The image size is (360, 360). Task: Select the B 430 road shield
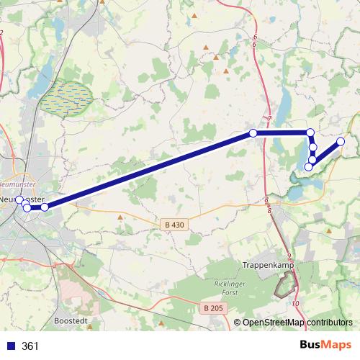tap(174, 225)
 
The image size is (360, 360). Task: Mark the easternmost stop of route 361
tap(341, 141)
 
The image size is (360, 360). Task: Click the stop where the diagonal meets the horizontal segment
tap(253, 132)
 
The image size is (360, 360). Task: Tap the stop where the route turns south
tap(310, 132)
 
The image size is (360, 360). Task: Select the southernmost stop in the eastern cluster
tap(309, 167)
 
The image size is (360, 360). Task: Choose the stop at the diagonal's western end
tap(45, 207)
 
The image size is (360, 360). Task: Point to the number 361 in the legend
tap(31, 346)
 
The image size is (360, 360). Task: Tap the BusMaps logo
tap(328, 346)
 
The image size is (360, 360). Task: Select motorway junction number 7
tap(269, 118)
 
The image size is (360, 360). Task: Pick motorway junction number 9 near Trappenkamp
tap(287, 256)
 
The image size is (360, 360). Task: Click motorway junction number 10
tap(295, 303)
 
